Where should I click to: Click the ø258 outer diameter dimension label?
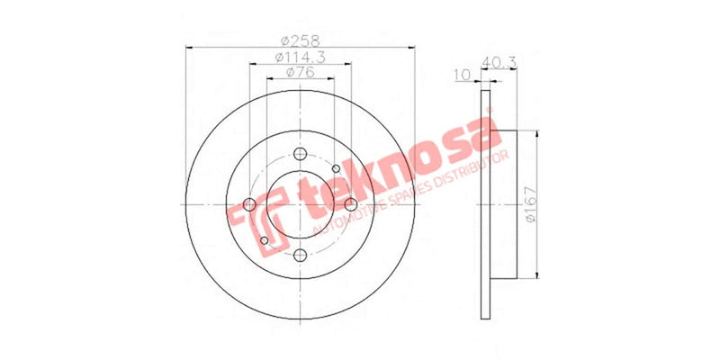coord(301,40)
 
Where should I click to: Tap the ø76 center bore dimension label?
coord(301,73)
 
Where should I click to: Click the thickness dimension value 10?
coord(463,76)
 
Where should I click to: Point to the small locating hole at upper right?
coord(336,168)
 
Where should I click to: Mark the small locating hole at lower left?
coord(264,240)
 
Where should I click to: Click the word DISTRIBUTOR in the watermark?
coord(472,172)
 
